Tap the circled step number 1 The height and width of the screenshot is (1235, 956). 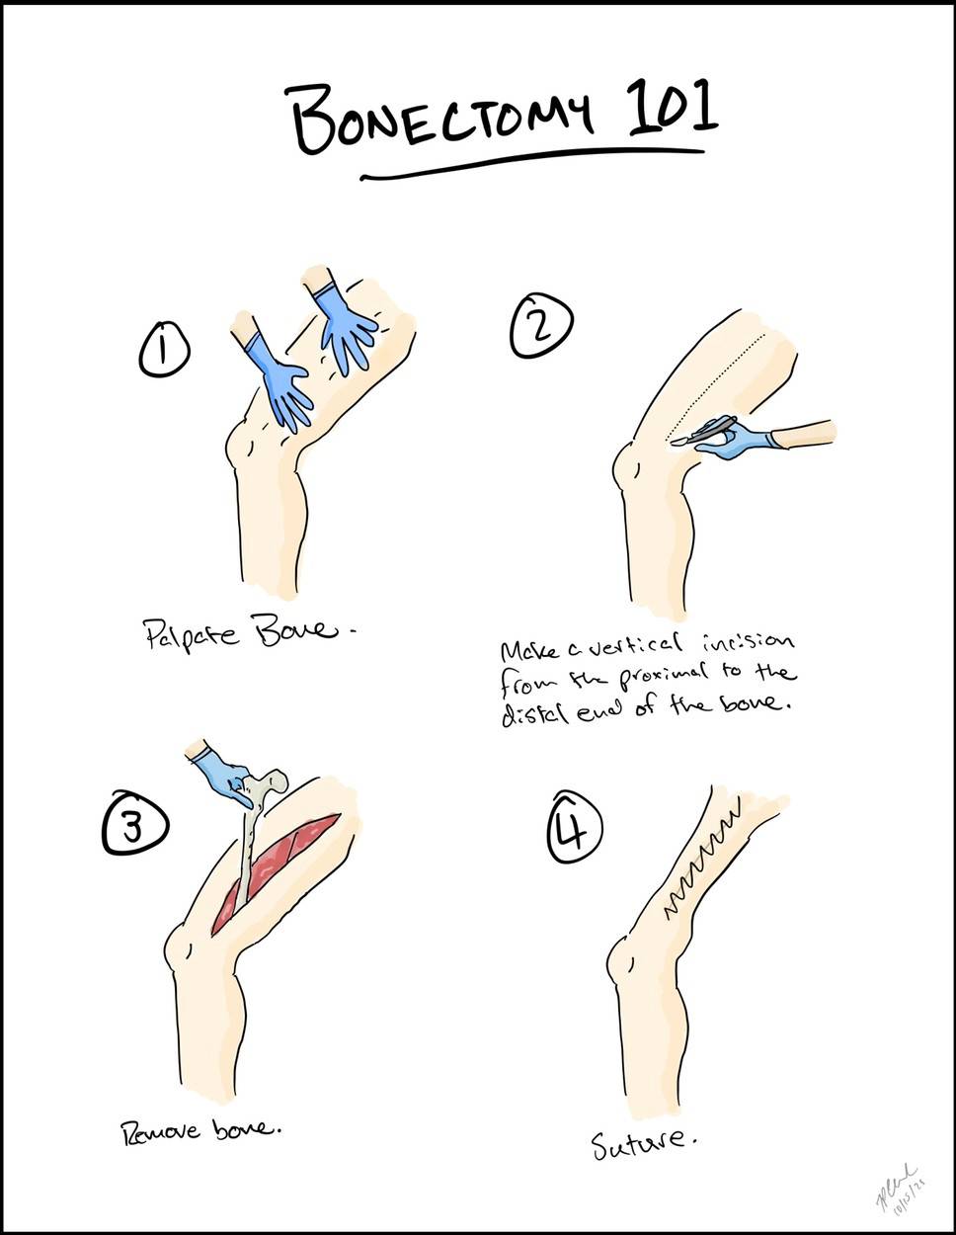[x=164, y=352]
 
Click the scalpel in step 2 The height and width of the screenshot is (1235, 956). [x=703, y=432]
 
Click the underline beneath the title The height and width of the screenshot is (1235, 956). [x=533, y=166]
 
